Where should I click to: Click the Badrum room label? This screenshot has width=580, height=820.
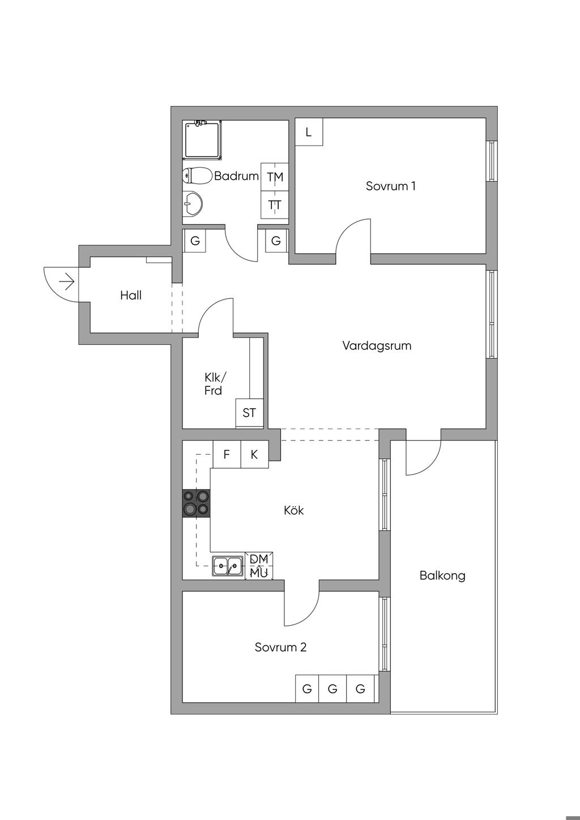tap(236, 176)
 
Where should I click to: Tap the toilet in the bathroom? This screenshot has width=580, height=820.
tap(197, 176)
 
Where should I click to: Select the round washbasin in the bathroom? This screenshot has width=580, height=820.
tap(192, 203)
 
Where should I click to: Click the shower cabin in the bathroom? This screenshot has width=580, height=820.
tap(202, 140)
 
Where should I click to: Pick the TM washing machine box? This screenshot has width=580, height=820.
tap(275, 177)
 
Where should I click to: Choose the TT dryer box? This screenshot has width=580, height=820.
tap(275, 204)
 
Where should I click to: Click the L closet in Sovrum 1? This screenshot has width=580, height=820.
tap(309, 132)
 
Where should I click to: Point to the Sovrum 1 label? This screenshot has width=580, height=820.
tap(391, 186)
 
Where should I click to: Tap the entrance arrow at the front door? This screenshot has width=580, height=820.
tap(67, 282)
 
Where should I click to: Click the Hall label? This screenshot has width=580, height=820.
tap(131, 296)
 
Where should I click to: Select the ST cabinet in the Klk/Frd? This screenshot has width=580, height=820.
tap(249, 413)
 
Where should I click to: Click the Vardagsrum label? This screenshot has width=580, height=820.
tap(377, 345)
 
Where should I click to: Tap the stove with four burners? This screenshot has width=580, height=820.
tap(197, 503)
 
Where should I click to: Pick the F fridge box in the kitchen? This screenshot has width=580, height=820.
tap(227, 454)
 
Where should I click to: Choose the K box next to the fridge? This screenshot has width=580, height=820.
tap(254, 454)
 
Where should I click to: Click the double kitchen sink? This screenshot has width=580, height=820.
tap(227, 566)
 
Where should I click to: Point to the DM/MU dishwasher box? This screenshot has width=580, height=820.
tap(259, 566)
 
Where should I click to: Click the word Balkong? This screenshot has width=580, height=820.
tap(442, 575)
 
